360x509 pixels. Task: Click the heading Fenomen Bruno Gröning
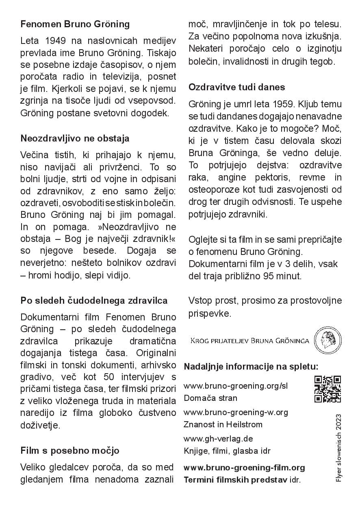point(75,24)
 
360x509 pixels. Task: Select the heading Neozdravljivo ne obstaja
point(75,138)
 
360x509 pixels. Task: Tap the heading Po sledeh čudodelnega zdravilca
point(94,301)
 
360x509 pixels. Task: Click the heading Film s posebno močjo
point(70,450)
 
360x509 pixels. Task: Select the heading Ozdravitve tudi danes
point(237,87)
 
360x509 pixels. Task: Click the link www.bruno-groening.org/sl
point(236,386)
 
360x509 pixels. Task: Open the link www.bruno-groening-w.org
point(236,412)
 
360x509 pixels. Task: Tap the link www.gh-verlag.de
point(219,439)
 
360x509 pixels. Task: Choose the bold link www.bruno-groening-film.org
point(244,468)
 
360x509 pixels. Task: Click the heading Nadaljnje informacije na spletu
point(251,366)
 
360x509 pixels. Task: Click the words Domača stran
point(210,398)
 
